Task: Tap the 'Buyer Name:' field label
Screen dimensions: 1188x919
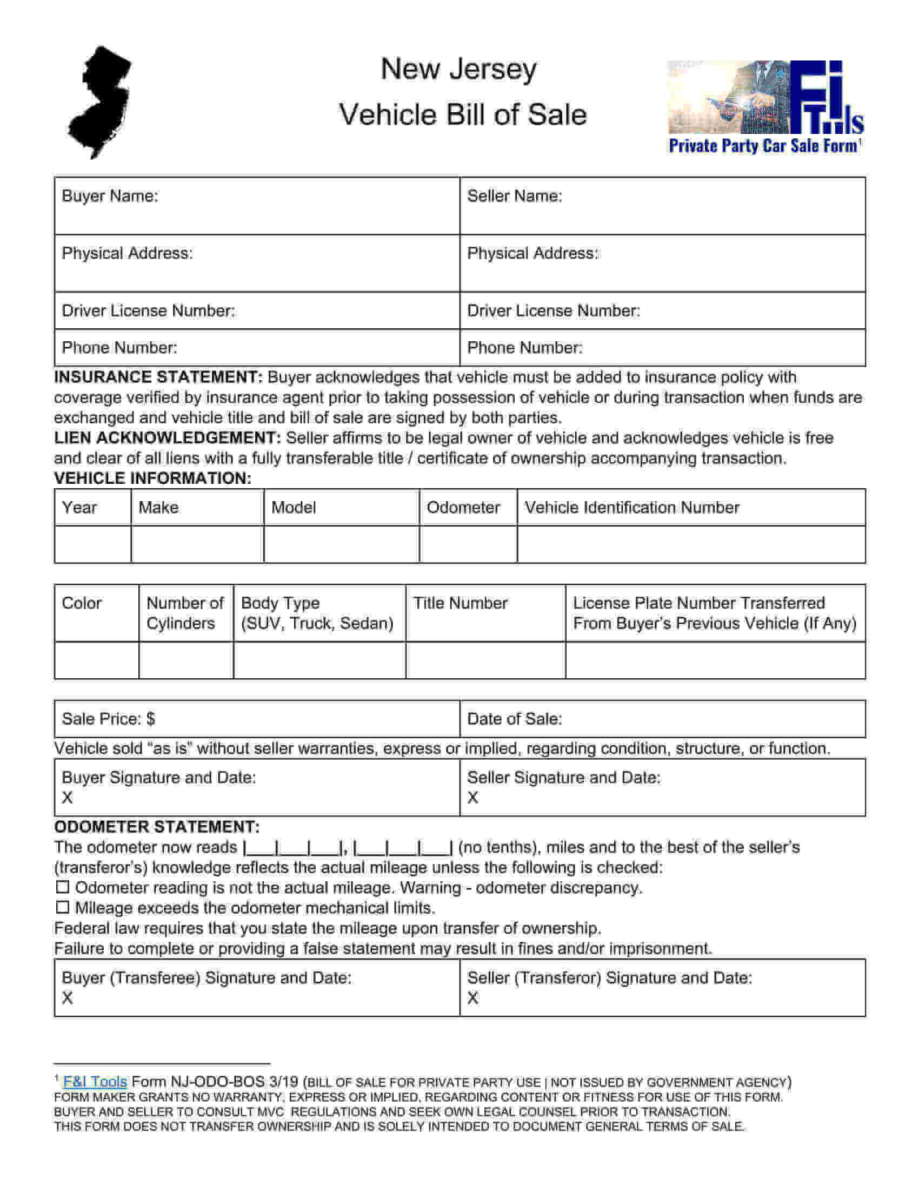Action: coord(110,196)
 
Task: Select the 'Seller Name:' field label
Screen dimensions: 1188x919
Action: coord(515,196)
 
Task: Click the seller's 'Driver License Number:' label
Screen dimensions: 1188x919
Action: coord(553,310)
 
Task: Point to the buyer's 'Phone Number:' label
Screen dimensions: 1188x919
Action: coord(119,348)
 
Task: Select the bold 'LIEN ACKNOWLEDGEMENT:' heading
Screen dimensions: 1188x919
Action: coord(168,438)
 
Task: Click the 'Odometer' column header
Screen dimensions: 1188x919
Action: coord(463,508)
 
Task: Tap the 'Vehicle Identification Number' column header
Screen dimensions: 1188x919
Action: coord(631,508)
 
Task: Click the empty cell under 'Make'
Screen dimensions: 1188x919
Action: coord(197,544)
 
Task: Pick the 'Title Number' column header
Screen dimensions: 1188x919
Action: coord(460,603)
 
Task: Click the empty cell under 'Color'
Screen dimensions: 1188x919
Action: coord(96,660)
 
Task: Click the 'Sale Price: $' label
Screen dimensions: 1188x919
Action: coord(108,719)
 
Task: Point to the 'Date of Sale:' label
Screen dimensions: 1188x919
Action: coord(515,719)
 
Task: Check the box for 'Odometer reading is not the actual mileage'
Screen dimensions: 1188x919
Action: coord(63,887)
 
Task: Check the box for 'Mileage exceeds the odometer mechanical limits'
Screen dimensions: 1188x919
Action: coord(63,907)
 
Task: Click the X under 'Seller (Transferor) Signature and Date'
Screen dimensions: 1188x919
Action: coord(472,998)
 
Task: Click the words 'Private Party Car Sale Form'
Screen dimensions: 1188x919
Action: coord(763,146)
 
